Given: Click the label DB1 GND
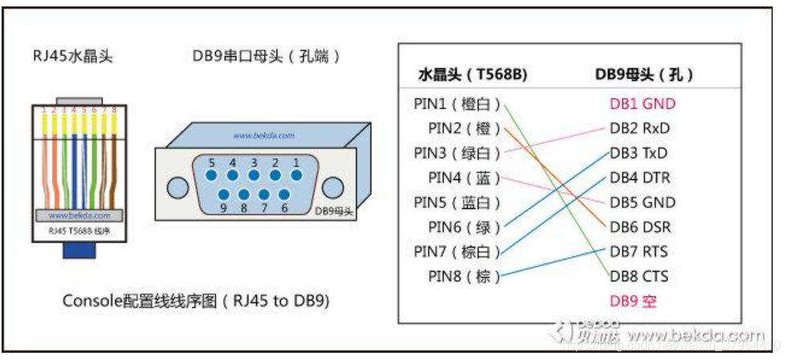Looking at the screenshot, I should click(x=642, y=104).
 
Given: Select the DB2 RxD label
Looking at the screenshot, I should click(x=639, y=129).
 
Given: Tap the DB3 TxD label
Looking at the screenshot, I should click(x=639, y=153).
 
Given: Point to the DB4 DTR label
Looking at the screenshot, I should click(x=639, y=178).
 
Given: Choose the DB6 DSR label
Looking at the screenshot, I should click(x=640, y=227).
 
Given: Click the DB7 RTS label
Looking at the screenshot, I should click(x=639, y=252).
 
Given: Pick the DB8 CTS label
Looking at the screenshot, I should click(x=639, y=276).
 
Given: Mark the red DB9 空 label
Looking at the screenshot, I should click(x=633, y=301).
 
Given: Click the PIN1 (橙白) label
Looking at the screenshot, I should click(x=457, y=104).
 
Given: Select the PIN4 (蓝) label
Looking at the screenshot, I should click(x=463, y=178).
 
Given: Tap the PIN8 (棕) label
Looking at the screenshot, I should click(x=463, y=276).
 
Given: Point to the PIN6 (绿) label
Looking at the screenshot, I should click(x=463, y=227).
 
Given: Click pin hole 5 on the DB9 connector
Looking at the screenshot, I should click(x=212, y=174).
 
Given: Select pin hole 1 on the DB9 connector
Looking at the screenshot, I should click(x=296, y=174).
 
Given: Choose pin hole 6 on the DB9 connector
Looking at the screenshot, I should click(x=285, y=195).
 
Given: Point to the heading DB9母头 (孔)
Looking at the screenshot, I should click(x=644, y=75).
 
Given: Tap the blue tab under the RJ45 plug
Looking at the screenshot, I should click(x=80, y=250).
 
